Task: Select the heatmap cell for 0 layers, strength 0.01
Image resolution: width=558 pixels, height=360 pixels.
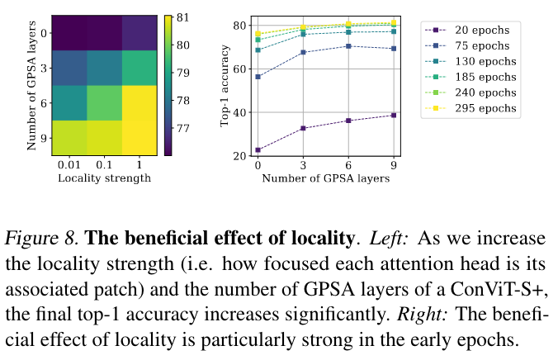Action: click(68, 33)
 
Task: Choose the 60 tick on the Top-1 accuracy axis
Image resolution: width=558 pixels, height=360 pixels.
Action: click(242, 69)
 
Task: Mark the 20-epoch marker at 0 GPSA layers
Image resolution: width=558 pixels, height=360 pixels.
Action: click(258, 150)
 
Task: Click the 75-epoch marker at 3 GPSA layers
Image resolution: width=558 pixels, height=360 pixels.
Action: click(303, 52)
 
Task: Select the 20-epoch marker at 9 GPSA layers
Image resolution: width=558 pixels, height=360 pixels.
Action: click(393, 116)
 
